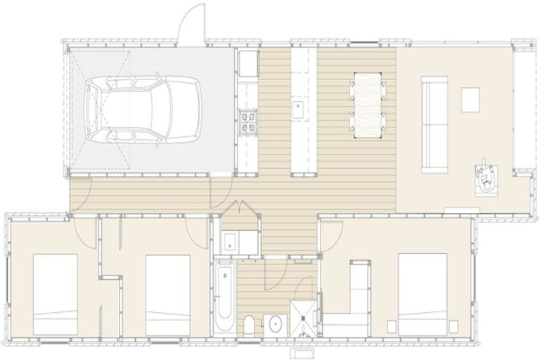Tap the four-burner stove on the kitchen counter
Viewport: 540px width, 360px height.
tap(249, 124)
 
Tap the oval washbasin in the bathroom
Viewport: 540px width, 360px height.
tap(275, 325)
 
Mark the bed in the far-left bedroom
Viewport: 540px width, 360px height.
tap(55, 294)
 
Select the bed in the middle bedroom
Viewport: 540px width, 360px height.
tap(167, 294)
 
